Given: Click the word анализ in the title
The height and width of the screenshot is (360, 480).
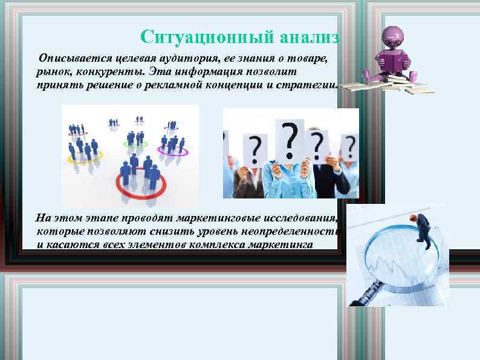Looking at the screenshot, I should (x=310, y=37).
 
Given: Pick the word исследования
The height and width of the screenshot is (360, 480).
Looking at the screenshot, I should (x=297, y=219).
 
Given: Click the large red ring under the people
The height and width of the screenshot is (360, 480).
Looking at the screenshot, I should (x=140, y=185).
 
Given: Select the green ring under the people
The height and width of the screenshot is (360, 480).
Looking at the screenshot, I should (x=135, y=144).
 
